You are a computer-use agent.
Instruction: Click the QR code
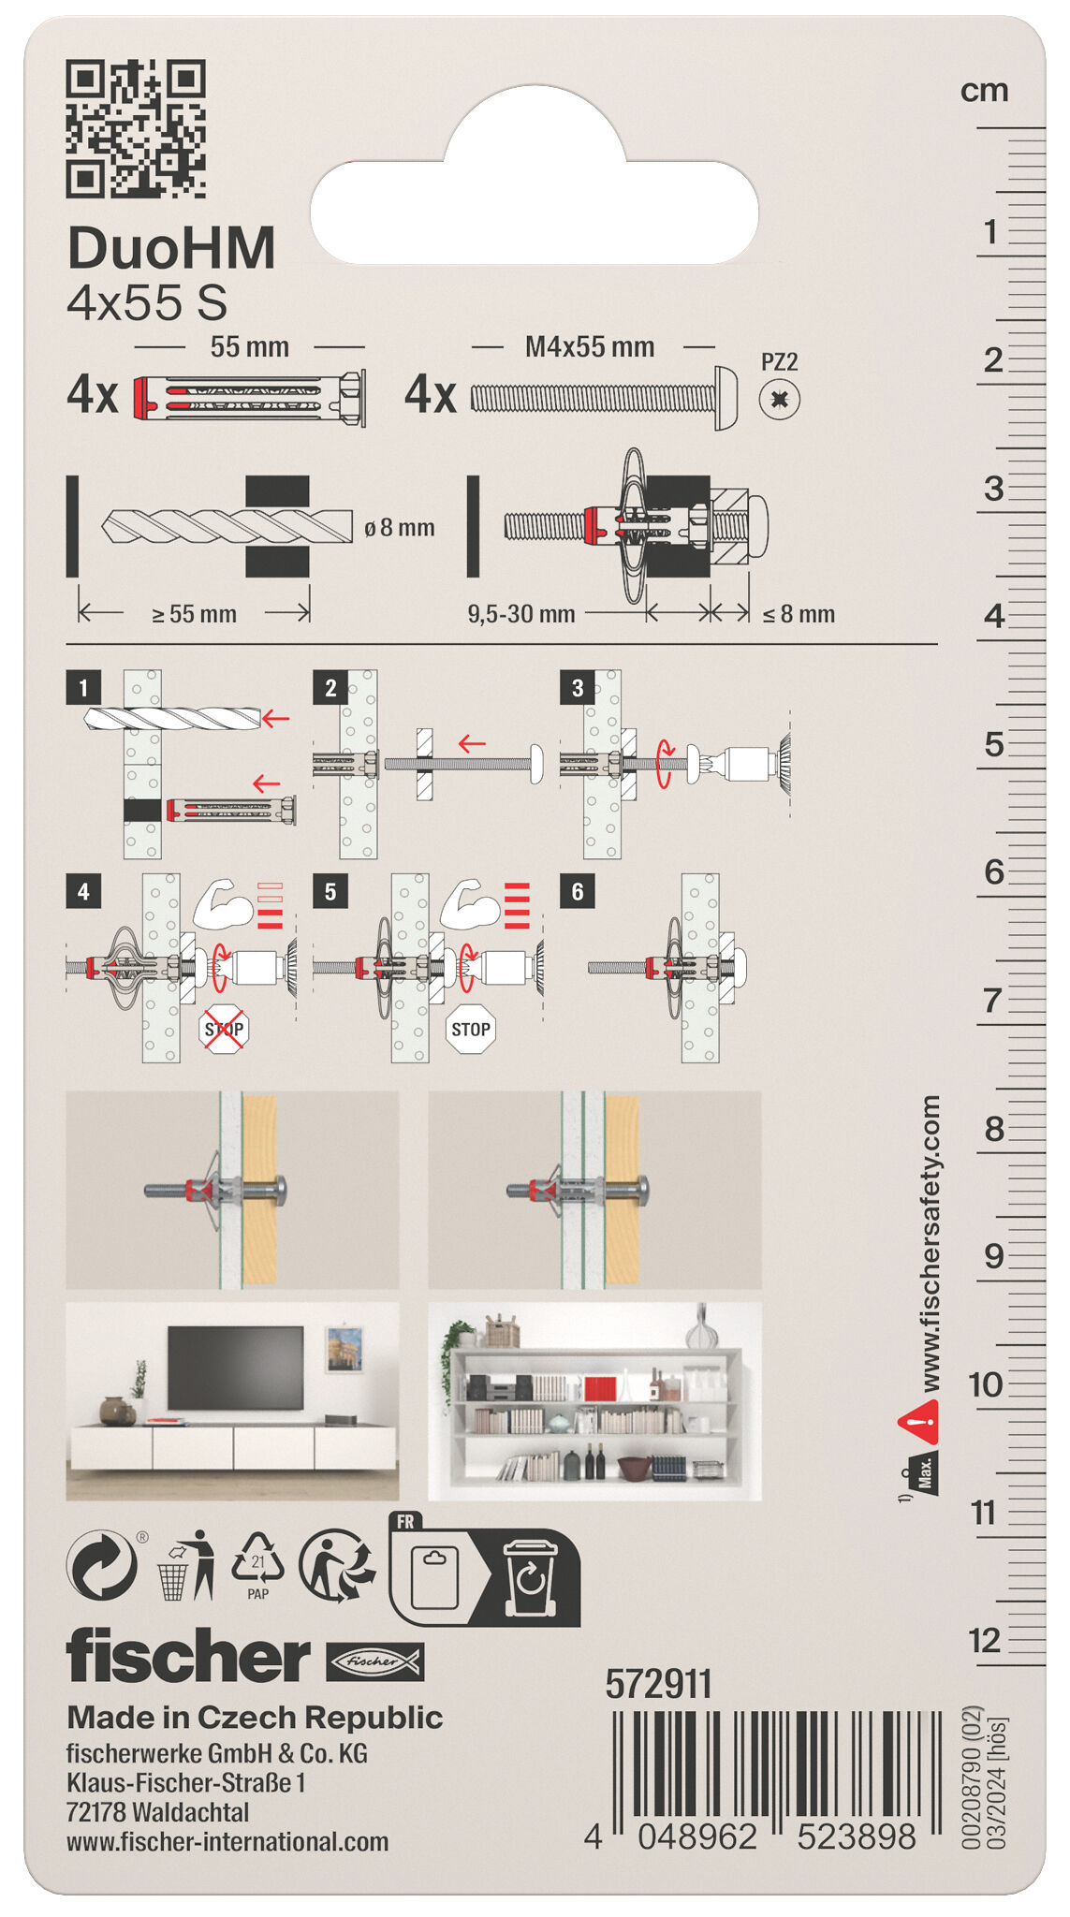coord(136,128)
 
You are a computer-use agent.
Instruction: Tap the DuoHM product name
coord(171,249)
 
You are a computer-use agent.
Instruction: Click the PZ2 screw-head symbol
coord(779,400)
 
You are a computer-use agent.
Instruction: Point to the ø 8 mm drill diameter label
coord(400,528)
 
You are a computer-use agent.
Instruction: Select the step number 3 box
coord(577,688)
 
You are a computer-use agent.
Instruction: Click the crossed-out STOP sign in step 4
coord(224,1030)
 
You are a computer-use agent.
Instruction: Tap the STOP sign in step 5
coord(470,1030)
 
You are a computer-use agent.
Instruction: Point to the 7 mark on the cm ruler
coord(992,1001)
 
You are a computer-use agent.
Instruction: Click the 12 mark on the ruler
coord(984,1640)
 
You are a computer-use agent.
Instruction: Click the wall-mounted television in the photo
coord(235,1367)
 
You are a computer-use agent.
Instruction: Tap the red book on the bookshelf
coord(600,1388)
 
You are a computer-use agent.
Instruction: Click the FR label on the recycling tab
coord(405,1522)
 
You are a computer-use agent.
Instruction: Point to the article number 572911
coord(658,1685)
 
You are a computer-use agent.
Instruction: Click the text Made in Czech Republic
coord(255,1718)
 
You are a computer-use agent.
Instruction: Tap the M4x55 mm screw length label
coord(589,347)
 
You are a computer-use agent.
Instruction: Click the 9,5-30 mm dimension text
coord(520,615)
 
